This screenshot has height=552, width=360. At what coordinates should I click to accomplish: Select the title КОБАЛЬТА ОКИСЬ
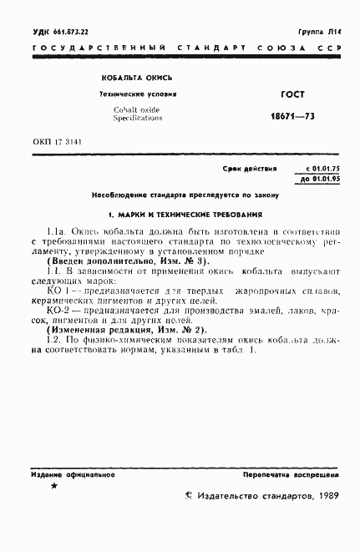pos(131,78)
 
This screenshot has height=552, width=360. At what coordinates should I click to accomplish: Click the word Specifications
pos(138,119)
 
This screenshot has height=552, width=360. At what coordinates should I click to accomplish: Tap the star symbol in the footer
pos(54,485)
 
